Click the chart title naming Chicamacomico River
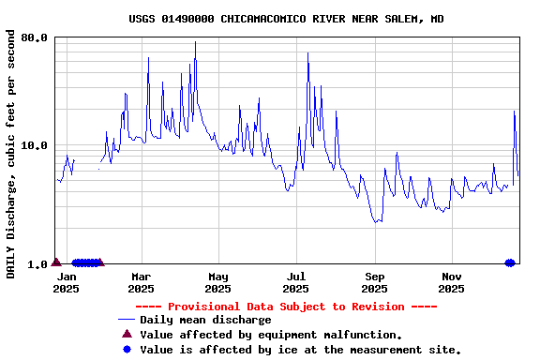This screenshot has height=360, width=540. [x=286, y=19]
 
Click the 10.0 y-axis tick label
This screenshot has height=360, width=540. [x=35, y=146]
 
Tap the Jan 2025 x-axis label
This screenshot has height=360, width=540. [x=66, y=282]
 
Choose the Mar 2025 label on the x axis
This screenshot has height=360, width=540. [x=142, y=282]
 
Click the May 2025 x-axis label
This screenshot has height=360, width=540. [x=218, y=282]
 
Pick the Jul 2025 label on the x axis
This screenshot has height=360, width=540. [x=296, y=282]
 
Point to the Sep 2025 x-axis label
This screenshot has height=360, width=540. [x=375, y=282]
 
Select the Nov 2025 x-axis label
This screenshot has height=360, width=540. [x=452, y=282]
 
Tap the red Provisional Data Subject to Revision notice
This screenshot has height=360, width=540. [x=286, y=307]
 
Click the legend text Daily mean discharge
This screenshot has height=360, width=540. [x=205, y=321]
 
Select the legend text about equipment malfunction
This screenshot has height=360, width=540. [x=271, y=335]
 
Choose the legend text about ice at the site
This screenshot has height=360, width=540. [x=300, y=350]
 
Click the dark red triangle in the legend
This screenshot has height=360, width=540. [x=127, y=334]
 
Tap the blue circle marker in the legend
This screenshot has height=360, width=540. [x=127, y=349]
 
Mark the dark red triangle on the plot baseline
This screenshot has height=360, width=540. [x=56, y=262]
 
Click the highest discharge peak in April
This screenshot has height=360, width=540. [x=195, y=41]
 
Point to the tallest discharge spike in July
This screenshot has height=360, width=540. [x=307, y=53]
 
